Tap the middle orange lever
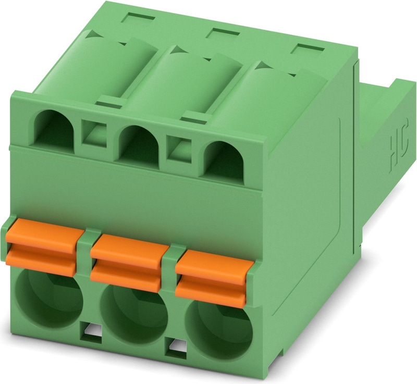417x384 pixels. tap(126, 263)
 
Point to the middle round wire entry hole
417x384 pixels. tap(134, 313)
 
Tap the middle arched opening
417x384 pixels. tap(139, 143)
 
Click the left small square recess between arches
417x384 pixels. tap(94, 135)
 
